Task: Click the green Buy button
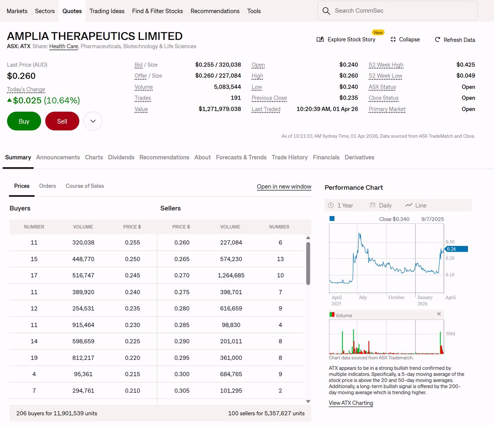click(x=24, y=121)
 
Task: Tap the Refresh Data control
click(x=455, y=40)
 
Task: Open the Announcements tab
click(x=58, y=157)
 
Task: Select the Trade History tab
click(x=289, y=157)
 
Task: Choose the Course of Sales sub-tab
click(x=85, y=186)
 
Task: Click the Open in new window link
click(x=284, y=186)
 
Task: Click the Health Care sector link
click(x=63, y=47)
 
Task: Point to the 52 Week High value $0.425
click(x=466, y=65)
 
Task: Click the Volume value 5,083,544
click(x=227, y=87)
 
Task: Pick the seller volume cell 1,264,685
click(x=231, y=275)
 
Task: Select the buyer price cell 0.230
click(x=133, y=325)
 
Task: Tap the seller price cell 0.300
click(x=182, y=374)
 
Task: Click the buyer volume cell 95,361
click(x=83, y=374)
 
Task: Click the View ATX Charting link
click(x=351, y=403)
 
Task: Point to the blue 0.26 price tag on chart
click(x=456, y=249)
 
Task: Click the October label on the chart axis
click(x=396, y=298)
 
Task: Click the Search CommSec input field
click(x=397, y=11)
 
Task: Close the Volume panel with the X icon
click(x=439, y=314)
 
